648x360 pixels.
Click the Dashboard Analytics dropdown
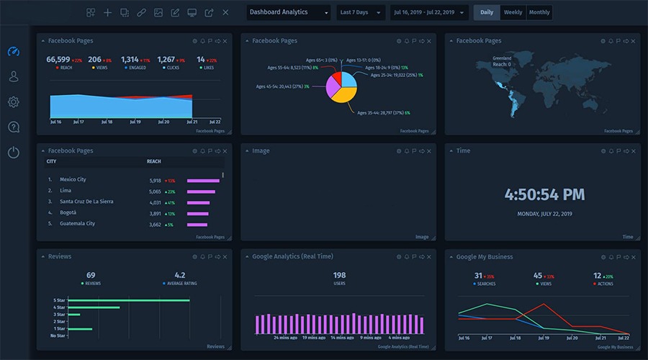288,12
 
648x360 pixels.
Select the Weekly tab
513,12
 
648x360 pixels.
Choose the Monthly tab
539,12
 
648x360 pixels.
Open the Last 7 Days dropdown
360,12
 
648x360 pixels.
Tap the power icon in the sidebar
13,152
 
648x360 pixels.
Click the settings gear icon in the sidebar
13,102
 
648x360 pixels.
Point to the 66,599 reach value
58,60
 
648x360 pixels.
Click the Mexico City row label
73,180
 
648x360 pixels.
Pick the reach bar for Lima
201,192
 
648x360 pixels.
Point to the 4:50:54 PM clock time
544,194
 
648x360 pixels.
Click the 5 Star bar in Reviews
134,300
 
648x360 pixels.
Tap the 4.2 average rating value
180,275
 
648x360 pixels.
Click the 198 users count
339,275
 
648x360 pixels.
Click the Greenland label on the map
502,58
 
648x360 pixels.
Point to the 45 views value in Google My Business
538,276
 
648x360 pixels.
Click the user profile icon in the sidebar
13,76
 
